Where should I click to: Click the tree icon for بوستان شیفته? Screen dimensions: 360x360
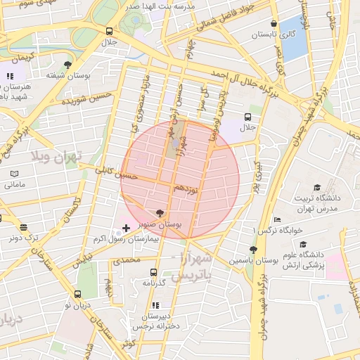tap(67, 65)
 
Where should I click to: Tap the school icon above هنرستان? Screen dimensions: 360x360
tap(10, 76)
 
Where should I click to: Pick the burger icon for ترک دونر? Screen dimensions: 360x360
tap(24, 227)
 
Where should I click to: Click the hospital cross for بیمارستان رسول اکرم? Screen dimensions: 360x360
tap(126, 228)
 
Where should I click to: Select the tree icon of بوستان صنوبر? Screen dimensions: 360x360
tap(160, 212)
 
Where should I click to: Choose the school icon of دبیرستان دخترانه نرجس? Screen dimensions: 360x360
tap(155, 305)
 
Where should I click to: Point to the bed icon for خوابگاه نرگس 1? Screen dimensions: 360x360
tap(276, 219)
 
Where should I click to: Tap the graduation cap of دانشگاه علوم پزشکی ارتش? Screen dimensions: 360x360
tap(303, 244)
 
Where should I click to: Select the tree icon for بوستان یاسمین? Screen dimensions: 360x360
tap(252, 249)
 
